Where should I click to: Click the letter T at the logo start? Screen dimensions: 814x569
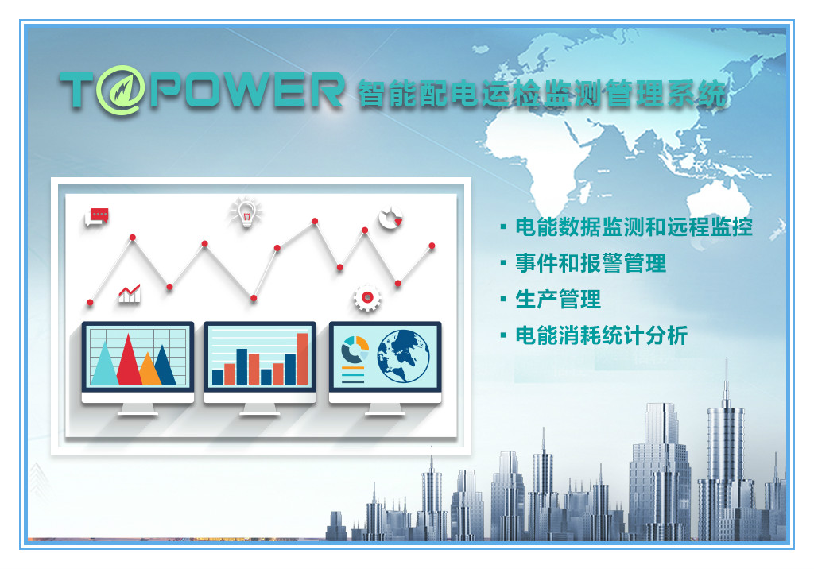[78, 89]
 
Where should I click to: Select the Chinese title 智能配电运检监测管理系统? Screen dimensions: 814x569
[542, 94]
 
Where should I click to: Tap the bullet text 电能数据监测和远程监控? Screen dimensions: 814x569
[634, 227]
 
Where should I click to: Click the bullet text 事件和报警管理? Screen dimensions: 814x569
[591, 263]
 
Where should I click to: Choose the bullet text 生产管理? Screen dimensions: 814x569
[558, 300]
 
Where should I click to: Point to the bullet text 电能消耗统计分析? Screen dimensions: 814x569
[601, 335]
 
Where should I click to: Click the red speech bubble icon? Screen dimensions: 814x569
[97, 216]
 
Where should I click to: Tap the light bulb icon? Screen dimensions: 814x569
[246, 212]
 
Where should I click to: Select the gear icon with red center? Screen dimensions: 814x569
[367, 297]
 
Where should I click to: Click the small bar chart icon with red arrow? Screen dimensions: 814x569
[130, 293]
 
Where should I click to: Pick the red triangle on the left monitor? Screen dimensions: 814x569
[129, 360]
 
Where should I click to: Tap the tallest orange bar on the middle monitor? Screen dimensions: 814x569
[302, 358]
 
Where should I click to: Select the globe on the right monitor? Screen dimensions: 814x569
[403, 357]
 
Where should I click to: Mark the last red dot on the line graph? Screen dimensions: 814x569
[432, 246]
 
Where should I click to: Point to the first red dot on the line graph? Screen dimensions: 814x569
[91, 302]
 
